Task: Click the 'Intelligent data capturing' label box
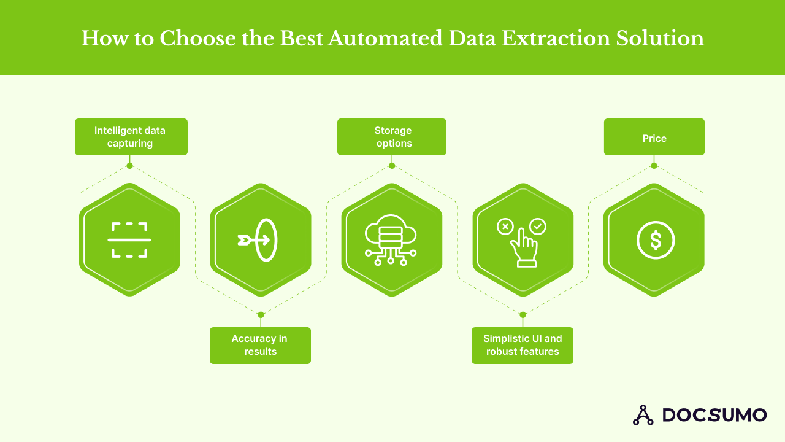pyautogui.click(x=131, y=137)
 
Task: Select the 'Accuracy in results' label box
pyautogui.click(x=260, y=346)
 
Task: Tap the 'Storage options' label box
pyautogui.click(x=392, y=137)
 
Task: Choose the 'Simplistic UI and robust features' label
pyautogui.click(x=523, y=346)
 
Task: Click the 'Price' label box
pyautogui.click(x=654, y=137)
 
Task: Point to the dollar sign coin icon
pyautogui.click(x=655, y=240)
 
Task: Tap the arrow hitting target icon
pyautogui.click(x=258, y=239)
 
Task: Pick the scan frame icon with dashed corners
pyautogui.click(x=129, y=240)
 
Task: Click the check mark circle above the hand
pyautogui.click(x=538, y=227)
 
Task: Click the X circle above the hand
pyautogui.click(x=505, y=227)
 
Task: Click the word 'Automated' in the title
pyautogui.click(x=385, y=38)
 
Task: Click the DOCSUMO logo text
pyautogui.click(x=714, y=415)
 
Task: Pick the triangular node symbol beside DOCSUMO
pyautogui.click(x=643, y=415)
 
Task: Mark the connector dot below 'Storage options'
pyautogui.click(x=392, y=165)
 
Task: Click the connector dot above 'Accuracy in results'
pyautogui.click(x=261, y=315)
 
